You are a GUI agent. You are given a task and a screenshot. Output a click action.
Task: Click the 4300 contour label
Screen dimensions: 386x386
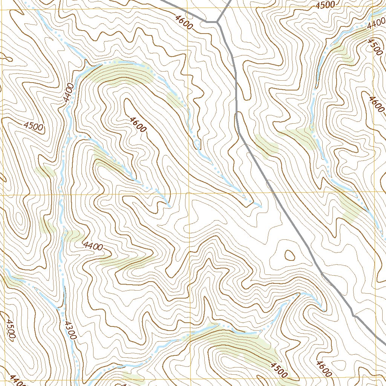(70, 330)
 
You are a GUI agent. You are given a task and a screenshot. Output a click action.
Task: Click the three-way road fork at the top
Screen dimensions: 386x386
(218, 22)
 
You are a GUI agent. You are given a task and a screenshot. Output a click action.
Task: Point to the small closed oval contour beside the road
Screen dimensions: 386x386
(289, 255)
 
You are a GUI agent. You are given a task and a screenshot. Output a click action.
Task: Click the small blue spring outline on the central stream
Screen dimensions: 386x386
(196, 143)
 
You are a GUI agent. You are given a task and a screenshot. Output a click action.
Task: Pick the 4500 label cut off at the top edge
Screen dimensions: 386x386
(325, 5)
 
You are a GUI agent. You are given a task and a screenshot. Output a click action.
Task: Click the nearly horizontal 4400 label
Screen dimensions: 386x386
(93, 247)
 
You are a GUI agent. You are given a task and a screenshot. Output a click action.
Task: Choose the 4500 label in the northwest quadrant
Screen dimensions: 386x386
(33, 126)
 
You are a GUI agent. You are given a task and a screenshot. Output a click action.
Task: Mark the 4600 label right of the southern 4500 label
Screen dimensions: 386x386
(324, 369)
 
